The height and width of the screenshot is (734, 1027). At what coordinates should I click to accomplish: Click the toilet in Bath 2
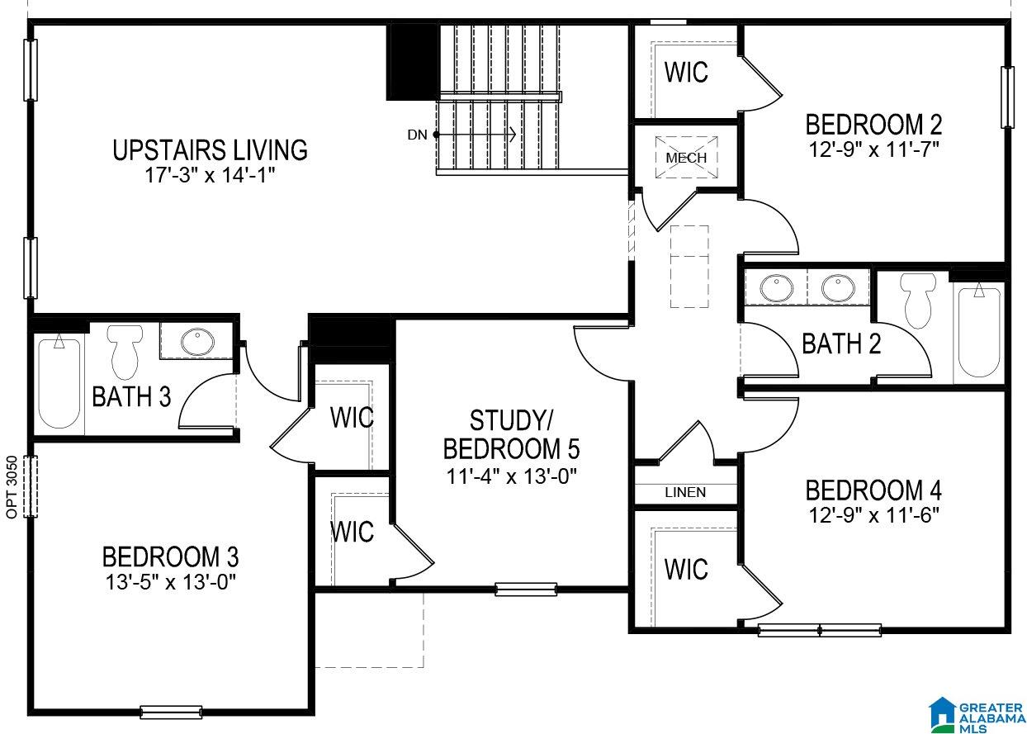pyautogui.click(x=917, y=301)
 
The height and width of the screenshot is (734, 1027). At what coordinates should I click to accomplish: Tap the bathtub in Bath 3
pyautogui.click(x=59, y=381)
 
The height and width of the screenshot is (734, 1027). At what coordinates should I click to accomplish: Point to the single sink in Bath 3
pyautogui.click(x=197, y=342)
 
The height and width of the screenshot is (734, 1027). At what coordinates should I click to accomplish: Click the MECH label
pyautogui.click(x=686, y=158)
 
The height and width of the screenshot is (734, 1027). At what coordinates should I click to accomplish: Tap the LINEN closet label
pyautogui.click(x=685, y=492)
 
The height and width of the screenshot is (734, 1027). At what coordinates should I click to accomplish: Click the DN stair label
pyautogui.click(x=417, y=135)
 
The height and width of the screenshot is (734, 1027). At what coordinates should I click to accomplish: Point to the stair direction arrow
pyautogui.click(x=475, y=135)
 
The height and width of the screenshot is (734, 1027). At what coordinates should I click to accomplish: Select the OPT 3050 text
pyautogui.click(x=12, y=487)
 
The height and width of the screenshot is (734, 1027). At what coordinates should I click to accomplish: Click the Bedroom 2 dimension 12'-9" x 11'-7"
pyautogui.click(x=874, y=149)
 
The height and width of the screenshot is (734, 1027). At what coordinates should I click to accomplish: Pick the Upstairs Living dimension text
pyautogui.click(x=210, y=175)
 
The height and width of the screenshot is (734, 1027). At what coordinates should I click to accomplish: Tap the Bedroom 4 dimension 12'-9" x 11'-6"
pyautogui.click(x=874, y=515)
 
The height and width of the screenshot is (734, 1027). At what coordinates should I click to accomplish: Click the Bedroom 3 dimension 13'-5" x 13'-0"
pyautogui.click(x=171, y=582)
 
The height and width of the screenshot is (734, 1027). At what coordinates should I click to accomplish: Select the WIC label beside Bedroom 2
pyautogui.click(x=686, y=72)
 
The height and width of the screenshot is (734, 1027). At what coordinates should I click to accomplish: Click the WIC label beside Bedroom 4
pyautogui.click(x=686, y=569)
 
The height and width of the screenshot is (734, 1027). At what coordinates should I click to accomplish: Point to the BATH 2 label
pyautogui.click(x=841, y=343)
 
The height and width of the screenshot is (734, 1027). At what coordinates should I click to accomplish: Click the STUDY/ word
pyautogui.click(x=512, y=420)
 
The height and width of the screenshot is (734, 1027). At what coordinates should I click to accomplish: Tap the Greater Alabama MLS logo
pyautogui.click(x=977, y=713)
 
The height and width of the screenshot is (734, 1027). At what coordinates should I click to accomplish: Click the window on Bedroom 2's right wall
pyautogui.click(x=1007, y=97)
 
